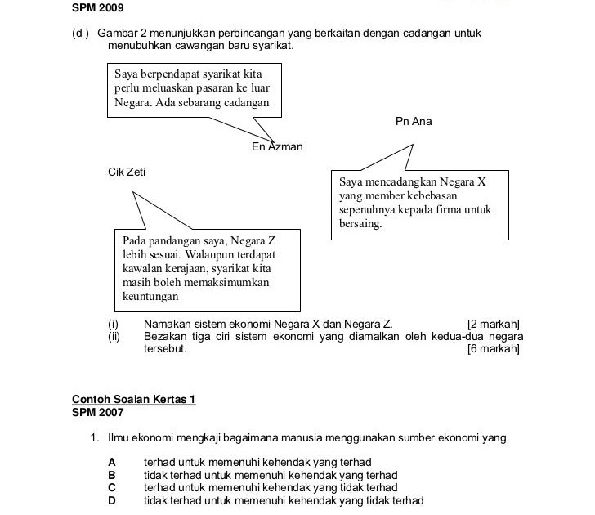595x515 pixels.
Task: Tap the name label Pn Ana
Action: click(x=413, y=122)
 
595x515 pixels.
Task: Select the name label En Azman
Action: click(x=277, y=147)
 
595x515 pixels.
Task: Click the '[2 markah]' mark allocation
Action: click(x=493, y=325)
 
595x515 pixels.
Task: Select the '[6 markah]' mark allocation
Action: click(x=493, y=349)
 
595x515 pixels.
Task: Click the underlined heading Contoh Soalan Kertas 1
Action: click(x=134, y=400)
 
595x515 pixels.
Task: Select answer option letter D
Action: click(x=112, y=500)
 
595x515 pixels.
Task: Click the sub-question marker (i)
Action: click(x=112, y=325)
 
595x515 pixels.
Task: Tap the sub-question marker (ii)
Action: click(x=114, y=337)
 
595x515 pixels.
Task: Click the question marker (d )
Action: click(x=81, y=34)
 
